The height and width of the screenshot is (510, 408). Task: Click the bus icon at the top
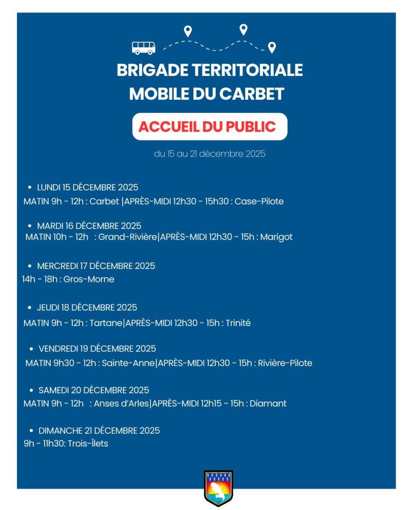(143, 48)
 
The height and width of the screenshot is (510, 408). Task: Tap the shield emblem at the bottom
(218, 488)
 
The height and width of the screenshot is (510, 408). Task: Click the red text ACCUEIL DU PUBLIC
(207, 127)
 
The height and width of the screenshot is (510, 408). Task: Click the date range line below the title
(210, 154)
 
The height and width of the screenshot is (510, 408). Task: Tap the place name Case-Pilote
(259, 201)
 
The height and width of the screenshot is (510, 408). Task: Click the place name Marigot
(276, 237)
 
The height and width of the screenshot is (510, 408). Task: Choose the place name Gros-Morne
(89, 279)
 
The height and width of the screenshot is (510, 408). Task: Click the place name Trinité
(238, 323)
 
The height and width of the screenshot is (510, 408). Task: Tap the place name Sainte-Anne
(128, 363)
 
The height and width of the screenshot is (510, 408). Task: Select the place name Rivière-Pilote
(285, 363)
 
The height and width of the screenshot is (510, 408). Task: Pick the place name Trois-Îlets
(88, 444)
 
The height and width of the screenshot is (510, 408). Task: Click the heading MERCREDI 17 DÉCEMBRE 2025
(96, 266)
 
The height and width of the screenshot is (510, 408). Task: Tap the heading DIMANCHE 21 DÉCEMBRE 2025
(99, 431)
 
